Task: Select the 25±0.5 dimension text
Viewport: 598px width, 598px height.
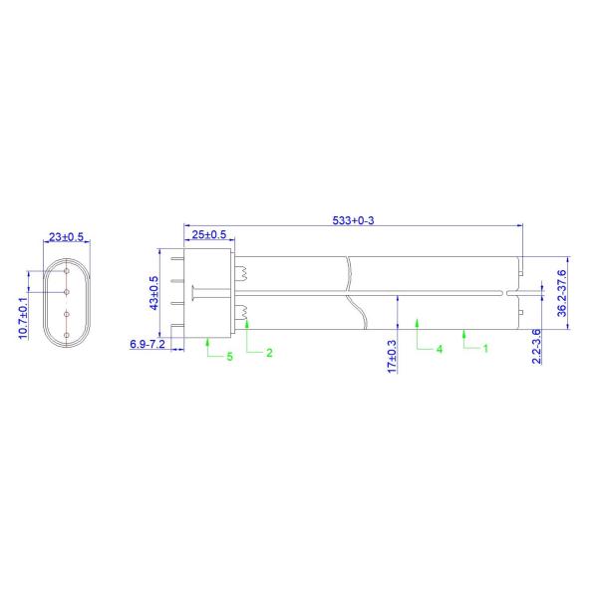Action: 209,234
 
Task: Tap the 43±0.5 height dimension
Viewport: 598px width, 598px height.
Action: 153,292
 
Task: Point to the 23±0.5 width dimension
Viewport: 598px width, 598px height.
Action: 66,237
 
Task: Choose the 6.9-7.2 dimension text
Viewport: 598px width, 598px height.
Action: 148,344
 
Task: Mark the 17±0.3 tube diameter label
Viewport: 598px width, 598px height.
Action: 392,356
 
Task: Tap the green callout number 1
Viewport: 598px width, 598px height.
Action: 484,349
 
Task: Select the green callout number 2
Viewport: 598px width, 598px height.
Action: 267,354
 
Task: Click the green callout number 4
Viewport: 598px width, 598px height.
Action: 438,349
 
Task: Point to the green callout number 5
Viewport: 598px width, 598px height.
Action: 228,356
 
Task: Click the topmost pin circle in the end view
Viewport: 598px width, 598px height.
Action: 66,269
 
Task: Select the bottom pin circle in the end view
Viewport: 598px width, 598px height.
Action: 66,335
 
